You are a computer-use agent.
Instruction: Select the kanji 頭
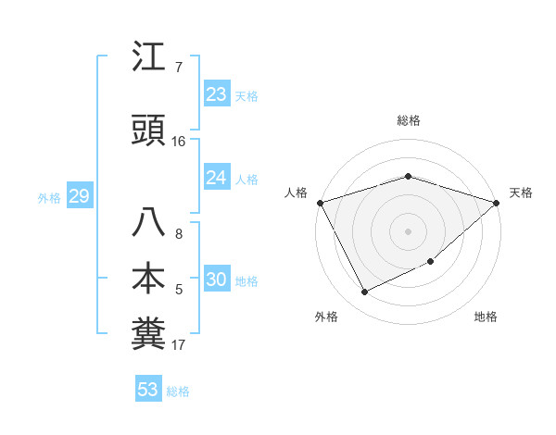coord(148,131)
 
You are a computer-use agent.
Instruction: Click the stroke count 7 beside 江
coord(179,68)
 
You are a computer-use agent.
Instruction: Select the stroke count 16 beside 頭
coord(179,142)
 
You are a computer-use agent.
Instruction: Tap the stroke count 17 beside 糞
coord(179,345)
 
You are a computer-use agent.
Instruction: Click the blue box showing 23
coord(216,94)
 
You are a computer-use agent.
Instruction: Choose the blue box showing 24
coord(216,178)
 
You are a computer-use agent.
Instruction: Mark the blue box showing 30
coord(216,280)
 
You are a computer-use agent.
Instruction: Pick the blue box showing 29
coord(79,196)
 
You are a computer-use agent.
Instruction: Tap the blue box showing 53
coord(148,390)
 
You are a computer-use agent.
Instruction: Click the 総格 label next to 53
coord(178,391)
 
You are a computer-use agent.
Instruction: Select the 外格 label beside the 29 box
coord(49,197)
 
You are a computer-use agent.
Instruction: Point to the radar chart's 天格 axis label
coord(521,193)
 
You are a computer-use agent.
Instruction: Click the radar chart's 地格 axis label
coord(486,317)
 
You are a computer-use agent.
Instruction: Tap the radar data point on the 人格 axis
coord(320,202)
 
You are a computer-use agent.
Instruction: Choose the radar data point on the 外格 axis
coord(364,292)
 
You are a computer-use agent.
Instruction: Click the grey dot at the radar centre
coord(408,230)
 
